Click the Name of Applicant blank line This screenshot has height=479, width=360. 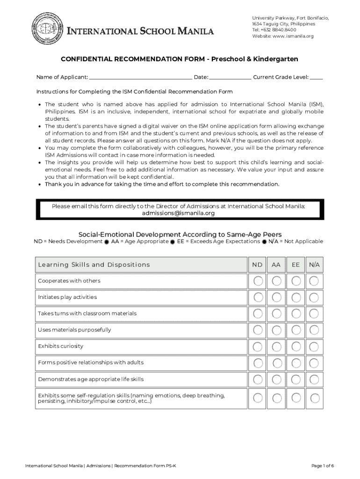[140, 78]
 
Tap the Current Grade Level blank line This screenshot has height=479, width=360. [316, 78]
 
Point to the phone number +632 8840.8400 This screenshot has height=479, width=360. [279, 30]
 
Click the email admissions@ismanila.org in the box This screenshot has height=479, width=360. [178, 213]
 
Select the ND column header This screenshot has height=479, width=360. [257, 265]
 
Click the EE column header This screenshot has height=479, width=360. [295, 265]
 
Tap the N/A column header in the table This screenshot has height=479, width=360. [314, 265]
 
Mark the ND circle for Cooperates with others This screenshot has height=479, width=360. [258, 281]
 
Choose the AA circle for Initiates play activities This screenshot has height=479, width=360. [277, 298]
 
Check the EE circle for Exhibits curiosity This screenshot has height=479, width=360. [295, 347]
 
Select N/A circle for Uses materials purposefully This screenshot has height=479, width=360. [314, 330]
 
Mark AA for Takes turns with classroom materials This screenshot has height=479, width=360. [277, 314]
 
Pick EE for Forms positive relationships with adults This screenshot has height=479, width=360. [295, 363]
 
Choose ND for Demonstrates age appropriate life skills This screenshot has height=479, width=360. [258, 379]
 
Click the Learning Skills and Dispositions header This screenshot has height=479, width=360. [94, 265]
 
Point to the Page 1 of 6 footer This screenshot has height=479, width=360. [322, 466]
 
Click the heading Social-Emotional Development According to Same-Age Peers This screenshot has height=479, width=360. [180, 234]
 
